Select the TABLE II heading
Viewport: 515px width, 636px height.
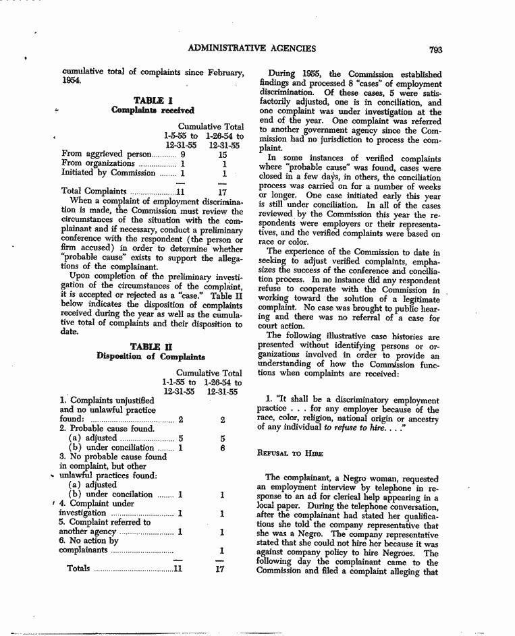click(x=151, y=347)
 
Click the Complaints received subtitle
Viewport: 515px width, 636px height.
click(x=153, y=110)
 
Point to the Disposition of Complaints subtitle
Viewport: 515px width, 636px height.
click(x=151, y=357)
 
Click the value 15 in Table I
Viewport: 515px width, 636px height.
click(x=223, y=154)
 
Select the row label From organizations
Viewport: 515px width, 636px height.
click(x=98, y=163)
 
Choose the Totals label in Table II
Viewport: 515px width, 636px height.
click(x=78, y=568)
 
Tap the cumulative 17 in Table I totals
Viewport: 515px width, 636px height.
click(x=223, y=191)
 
